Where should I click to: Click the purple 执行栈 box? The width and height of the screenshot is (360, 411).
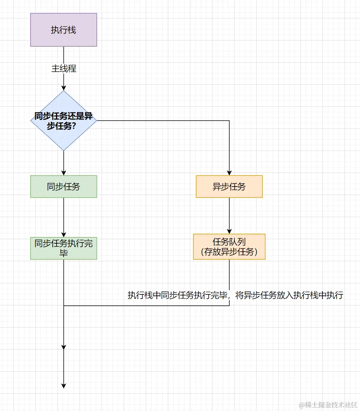tap(63, 30)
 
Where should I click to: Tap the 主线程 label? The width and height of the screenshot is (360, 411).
tap(64, 69)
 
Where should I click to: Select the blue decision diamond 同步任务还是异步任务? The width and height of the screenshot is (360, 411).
tap(63, 120)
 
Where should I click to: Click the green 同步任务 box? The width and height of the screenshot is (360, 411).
tap(63, 187)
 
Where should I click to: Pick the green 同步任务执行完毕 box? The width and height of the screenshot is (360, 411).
tap(63, 248)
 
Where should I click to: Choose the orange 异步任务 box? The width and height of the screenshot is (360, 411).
tap(229, 187)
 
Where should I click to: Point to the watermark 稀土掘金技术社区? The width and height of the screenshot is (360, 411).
tap(328, 404)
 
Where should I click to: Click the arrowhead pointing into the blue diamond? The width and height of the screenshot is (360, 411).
tap(64, 88)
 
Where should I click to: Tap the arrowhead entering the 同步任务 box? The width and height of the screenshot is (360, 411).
tap(64, 173)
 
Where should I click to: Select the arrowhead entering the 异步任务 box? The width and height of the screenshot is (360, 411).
tap(229, 173)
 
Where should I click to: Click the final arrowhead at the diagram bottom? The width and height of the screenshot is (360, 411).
tap(64, 386)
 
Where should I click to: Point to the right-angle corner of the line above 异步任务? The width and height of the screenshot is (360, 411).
tap(229, 121)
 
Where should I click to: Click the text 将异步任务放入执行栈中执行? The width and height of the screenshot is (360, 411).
tap(289, 295)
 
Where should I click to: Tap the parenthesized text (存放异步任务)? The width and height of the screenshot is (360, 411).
tap(229, 252)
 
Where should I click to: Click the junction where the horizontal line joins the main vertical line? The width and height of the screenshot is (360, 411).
tap(64, 305)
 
